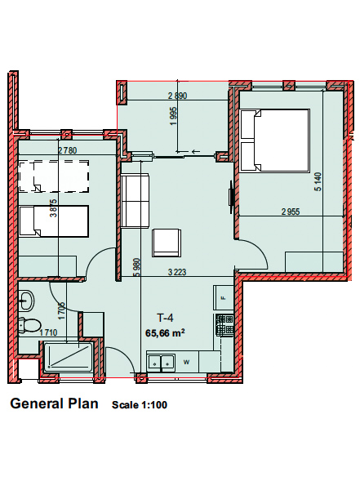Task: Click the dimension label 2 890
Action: [x=178, y=96]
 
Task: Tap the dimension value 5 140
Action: [x=318, y=181]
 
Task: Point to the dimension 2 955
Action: [x=291, y=212]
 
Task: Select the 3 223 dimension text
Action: [x=177, y=272]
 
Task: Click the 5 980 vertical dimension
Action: [x=137, y=267]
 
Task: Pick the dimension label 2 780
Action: [x=68, y=150]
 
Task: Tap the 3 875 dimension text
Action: [x=54, y=207]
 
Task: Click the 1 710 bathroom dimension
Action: [x=48, y=332]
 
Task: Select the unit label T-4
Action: [x=165, y=318]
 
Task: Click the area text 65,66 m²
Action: [x=165, y=333]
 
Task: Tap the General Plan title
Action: [x=54, y=403]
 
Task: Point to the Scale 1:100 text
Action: [x=140, y=405]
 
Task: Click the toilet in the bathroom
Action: [x=29, y=325]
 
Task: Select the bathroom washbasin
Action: [x=26, y=301]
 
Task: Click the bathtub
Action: [x=68, y=357]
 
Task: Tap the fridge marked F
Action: [x=224, y=297]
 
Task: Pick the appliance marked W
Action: [x=187, y=362]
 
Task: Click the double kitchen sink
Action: [x=161, y=363]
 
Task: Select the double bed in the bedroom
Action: [x=275, y=140]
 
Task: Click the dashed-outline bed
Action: [x=54, y=176]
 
